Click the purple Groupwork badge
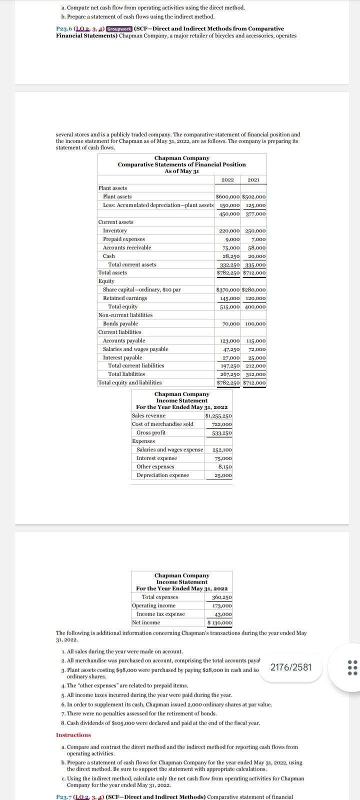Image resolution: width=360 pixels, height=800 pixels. click(116, 29)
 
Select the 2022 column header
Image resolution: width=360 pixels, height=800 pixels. click(228, 179)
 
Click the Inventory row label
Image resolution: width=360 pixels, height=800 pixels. click(114, 230)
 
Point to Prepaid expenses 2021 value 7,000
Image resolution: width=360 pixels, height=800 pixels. click(256, 239)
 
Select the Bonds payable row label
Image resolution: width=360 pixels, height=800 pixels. click(120, 323)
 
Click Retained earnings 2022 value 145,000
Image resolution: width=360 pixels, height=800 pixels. click(229, 298)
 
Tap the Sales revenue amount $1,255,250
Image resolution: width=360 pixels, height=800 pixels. click(218, 415)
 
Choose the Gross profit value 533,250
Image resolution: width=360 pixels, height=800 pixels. click(221, 432)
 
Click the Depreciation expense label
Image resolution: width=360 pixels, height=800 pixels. click(162, 475)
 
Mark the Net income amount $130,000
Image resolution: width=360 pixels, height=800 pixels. click(219, 622)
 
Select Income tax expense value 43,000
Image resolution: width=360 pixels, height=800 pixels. click(223, 614)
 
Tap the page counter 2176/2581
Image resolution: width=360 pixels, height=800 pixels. click(290, 667)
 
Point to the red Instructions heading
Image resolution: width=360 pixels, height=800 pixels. click(73, 734)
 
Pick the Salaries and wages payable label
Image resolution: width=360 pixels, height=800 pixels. click(135, 349)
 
